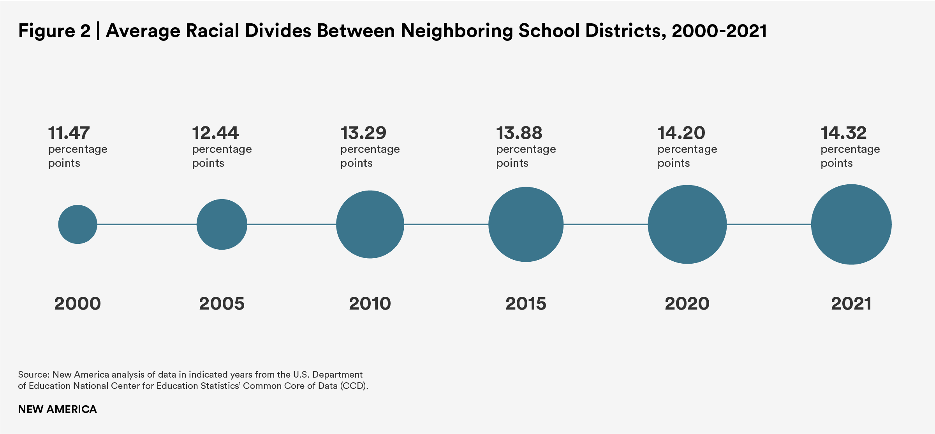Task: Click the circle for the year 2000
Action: pyautogui.click(x=77, y=224)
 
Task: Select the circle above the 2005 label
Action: pyautogui.click(x=222, y=224)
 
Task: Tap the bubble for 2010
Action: pyautogui.click(x=370, y=224)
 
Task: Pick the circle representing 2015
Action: pyautogui.click(x=526, y=224)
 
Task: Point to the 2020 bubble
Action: pyautogui.click(x=687, y=224)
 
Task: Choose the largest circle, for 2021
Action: pyautogui.click(x=851, y=224)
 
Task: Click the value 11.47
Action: pyautogui.click(x=69, y=133)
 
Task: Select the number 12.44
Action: pyautogui.click(x=215, y=133)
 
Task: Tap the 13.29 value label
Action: pyautogui.click(x=363, y=133)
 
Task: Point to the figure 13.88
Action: pyautogui.click(x=519, y=133)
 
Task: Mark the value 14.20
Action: pyautogui.click(x=681, y=133)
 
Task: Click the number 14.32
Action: pyautogui.click(x=843, y=133)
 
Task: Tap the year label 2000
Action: pyautogui.click(x=77, y=304)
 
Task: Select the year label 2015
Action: pyautogui.click(x=526, y=304)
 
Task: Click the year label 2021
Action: pyautogui.click(x=851, y=304)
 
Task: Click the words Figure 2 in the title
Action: pyautogui.click(x=54, y=31)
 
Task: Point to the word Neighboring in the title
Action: pyautogui.click(x=456, y=31)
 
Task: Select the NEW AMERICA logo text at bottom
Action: pyautogui.click(x=57, y=409)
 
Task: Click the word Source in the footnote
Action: pyautogui.click(x=33, y=374)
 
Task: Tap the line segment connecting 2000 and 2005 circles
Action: pyautogui.click(x=147, y=224)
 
